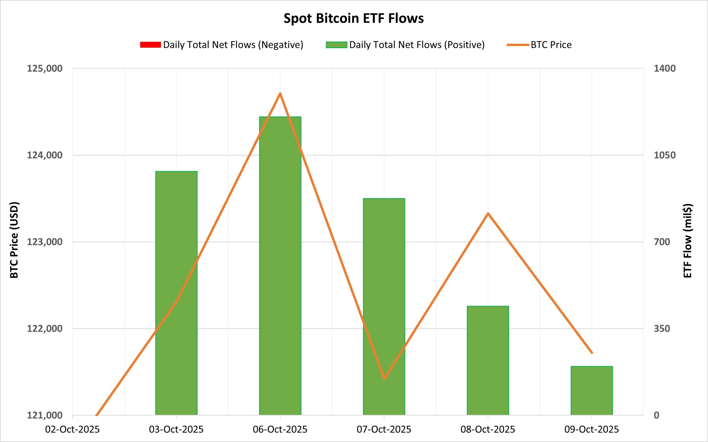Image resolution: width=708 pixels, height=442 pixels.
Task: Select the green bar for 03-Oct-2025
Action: tap(176, 292)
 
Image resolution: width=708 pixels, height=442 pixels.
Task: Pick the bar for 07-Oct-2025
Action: tap(384, 307)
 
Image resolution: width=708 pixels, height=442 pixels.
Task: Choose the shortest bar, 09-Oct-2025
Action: tap(592, 390)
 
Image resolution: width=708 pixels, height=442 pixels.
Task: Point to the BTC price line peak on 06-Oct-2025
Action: tap(280, 94)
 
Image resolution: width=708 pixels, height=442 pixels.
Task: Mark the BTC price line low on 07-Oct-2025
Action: tap(384, 379)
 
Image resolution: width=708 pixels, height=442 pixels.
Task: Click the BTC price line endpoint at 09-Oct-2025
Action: tap(592, 353)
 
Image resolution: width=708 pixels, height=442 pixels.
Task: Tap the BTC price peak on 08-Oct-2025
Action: tap(488, 213)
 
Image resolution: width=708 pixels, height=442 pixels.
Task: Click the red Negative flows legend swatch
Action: tap(150, 45)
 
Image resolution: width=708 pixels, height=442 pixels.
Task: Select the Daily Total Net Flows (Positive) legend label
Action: tap(417, 45)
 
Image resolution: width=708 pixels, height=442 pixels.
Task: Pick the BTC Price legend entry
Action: tap(551, 45)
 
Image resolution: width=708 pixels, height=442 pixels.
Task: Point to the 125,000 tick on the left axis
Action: tap(45, 68)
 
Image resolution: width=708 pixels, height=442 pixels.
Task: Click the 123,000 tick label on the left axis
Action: tap(45, 242)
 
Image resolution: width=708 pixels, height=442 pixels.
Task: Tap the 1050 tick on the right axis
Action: tap(665, 155)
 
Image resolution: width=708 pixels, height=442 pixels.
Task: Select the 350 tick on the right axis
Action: tap(662, 328)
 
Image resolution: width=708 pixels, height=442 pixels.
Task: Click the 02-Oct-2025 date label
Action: tap(72, 429)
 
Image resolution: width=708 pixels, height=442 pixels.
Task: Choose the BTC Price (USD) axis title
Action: tap(14, 240)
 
